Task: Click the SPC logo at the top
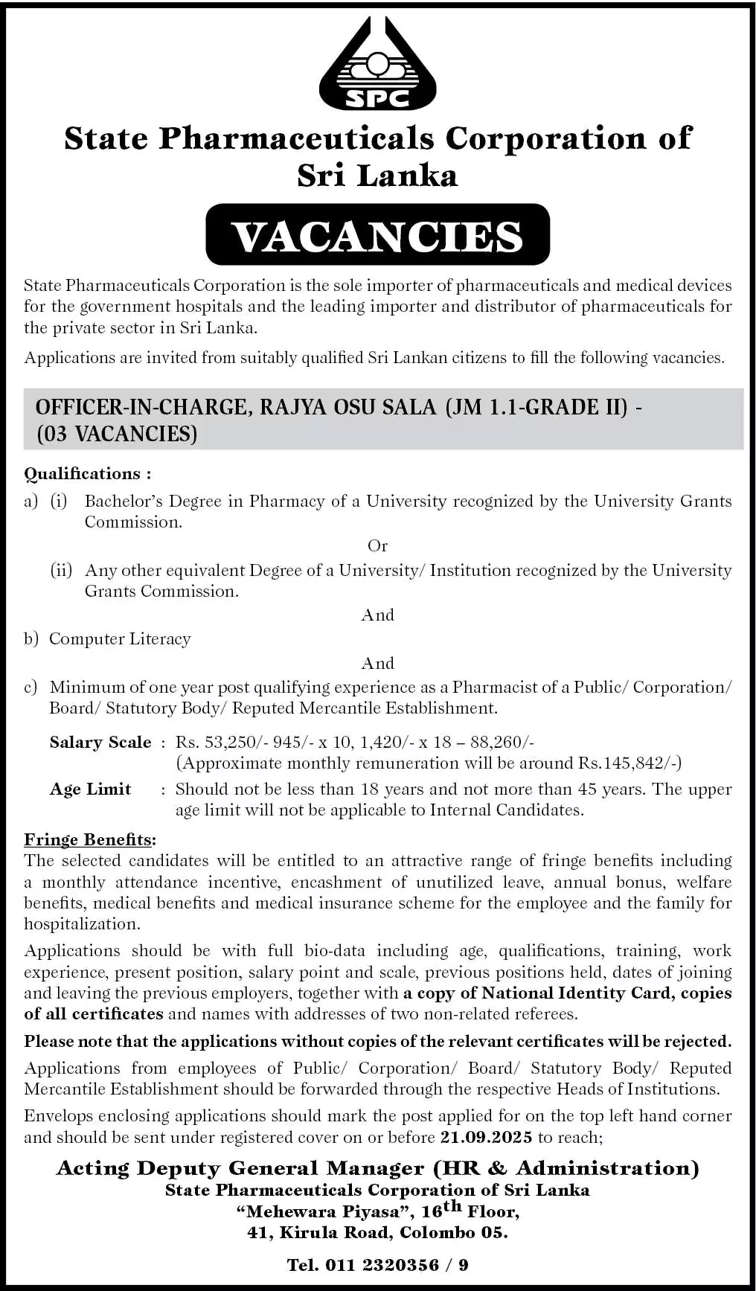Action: pyautogui.click(x=377, y=65)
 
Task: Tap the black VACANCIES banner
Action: pyautogui.click(x=377, y=235)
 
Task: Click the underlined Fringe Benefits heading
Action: pyautogui.click(x=89, y=839)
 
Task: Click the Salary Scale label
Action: pyautogui.click(x=100, y=742)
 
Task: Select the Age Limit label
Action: pyautogui.click(x=90, y=789)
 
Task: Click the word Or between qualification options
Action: pyautogui.click(x=377, y=545)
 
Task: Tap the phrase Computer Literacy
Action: pyautogui.click(x=120, y=638)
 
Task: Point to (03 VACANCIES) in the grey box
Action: pyautogui.click(x=117, y=433)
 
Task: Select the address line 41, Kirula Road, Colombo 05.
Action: pyautogui.click(x=377, y=1232)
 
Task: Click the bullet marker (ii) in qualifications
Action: pyautogui.click(x=61, y=570)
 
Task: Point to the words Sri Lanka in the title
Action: pyautogui.click(x=377, y=175)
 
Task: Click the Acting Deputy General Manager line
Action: pyautogui.click(x=377, y=1168)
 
